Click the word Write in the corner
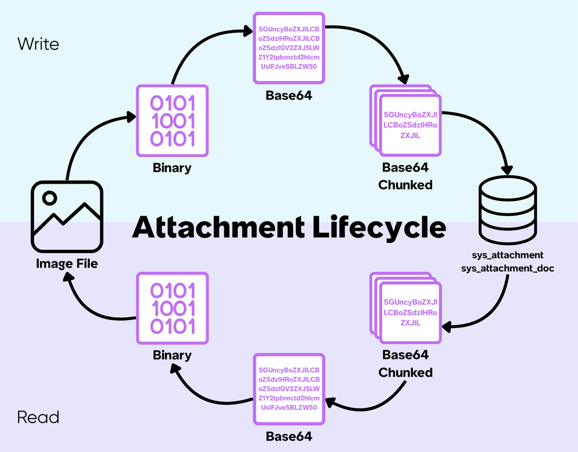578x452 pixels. pos(38,43)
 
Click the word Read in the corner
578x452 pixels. pos(38,417)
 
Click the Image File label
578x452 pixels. pos(67,264)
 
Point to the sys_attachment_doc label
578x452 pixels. pos(508,268)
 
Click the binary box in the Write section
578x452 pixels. pos(172,121)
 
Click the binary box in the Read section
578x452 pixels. pos(172,308)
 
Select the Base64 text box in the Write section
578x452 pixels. pos(288,49)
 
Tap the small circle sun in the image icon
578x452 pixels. pos(50,198)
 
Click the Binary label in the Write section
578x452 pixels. pos(172,168)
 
